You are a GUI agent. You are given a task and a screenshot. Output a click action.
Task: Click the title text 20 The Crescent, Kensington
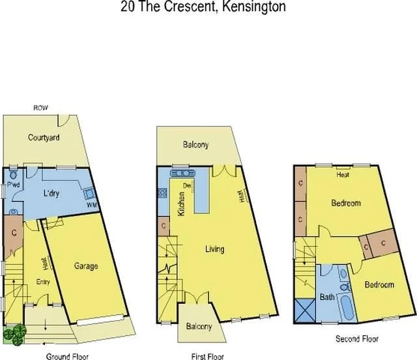click(x=203, y=7)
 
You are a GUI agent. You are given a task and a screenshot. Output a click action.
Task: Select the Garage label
click(x=85, y=266)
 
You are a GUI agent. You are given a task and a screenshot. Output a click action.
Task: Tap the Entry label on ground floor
click(x=43, y=282)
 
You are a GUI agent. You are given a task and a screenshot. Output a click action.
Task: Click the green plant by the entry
click(x=14, y=333)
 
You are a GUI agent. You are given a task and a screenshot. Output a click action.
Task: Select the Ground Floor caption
click(x=67, y=356)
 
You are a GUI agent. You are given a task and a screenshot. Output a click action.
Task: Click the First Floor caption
click(x=207, y=356)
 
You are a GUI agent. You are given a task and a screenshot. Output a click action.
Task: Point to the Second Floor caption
click(x=356, y=339)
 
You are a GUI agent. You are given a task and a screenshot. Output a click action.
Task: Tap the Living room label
click(x=214, y=249)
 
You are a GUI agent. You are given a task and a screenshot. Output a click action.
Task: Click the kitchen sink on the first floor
click(x=179, y=173)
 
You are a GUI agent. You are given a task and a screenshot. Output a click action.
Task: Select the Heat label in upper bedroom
click(x=343, y=175)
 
